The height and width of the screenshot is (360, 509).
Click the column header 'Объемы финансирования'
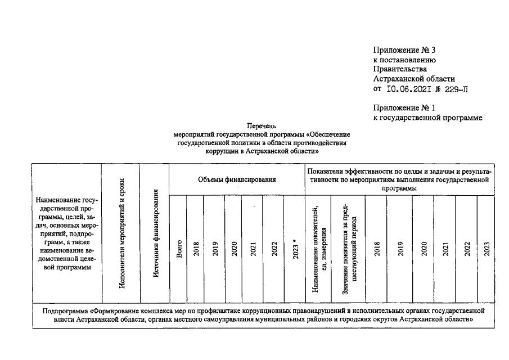pyautogui.click(x=237, y=179)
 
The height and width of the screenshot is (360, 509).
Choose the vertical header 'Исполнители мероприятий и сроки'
pyautogui.click(x=122, y=233)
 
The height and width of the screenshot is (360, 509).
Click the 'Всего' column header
pyautogui.click(x=179, y=248)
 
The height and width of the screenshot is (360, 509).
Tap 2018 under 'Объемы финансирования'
pyautogui.click(x=196, y=248)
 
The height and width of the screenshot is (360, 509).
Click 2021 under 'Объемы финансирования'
pyautogui.click(x=253, y=248)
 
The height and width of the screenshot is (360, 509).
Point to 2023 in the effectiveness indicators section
pyautogui.click(x=487, y=248)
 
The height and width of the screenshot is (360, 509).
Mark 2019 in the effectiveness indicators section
pyautogui.click(x=400, y=248)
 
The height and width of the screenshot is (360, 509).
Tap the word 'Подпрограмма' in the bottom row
pyautogui.click(x=66, y=310)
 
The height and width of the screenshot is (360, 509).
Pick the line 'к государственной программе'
pyautogui.click(x=428, y=117)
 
